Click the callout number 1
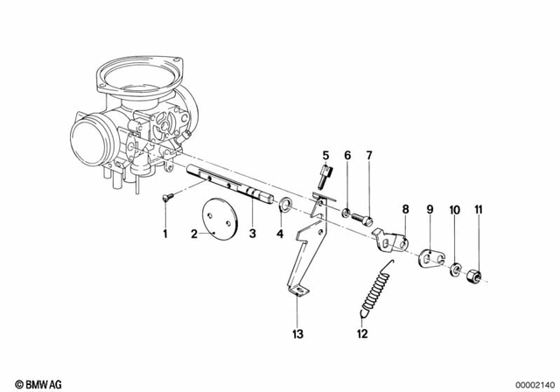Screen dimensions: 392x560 click(x=163, y=234)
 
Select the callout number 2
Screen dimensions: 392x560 click(x=193, y=234)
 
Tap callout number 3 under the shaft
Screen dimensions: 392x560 click(x=253, y=234)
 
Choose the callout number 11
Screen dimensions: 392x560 click(x=479, y=209)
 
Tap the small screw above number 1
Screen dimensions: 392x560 click(x=165, y=199)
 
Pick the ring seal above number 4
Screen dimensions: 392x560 click(x=283, y=206)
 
